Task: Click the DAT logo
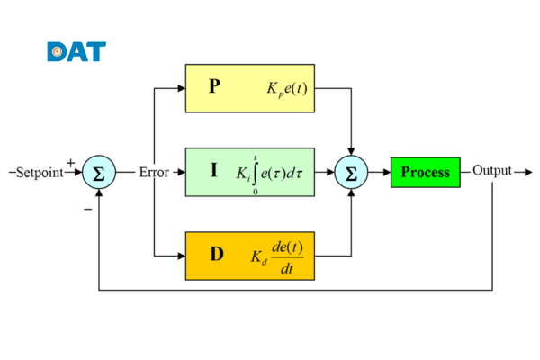point(76,51)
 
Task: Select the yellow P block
point(251,88)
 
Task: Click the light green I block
point(251,171)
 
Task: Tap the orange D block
point(251,255)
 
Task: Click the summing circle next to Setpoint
point(98,172)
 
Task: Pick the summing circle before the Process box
point(352,172)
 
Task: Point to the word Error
point(153,172)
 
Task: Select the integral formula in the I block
point(274,172)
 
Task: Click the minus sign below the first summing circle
point(87,209)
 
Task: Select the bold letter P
point(213,87)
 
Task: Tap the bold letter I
point(213,169)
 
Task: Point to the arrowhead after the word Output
point(527,171)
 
